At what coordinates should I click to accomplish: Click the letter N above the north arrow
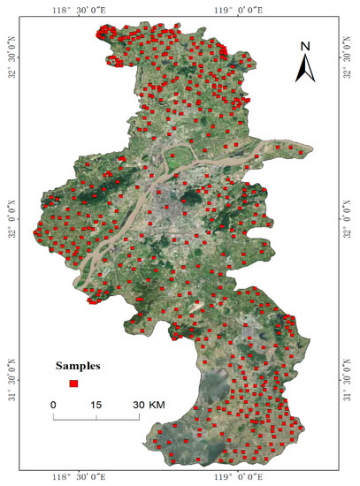coord(305,46)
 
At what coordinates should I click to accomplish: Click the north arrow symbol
coord(305,66)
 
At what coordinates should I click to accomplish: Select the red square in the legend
coord(74,383)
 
